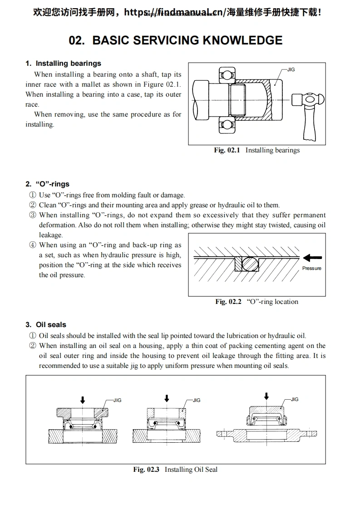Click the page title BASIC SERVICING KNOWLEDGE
pyautogui.click(x=175, y=40)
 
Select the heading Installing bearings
pyautogui.click(x=68, y=64)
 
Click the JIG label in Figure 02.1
pyautogui.click(x=291, y=69)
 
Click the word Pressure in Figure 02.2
pyautogui.click(x=311, y=268)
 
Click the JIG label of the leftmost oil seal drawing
pyautogui.click(x=117, y=400)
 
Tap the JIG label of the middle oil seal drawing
pyautogui.click(x=197, y=400)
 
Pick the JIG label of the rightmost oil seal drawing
pyautogui.click(x=295, y=399)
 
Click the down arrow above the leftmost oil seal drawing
pyautogui.click(x=82, y=400)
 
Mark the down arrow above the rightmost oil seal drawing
pyautogui.click(x=266, y=396)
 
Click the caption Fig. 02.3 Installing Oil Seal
pyautogui.click(x=175, y=470)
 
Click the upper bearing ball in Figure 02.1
pyautogui.click(x=225, y=74)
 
